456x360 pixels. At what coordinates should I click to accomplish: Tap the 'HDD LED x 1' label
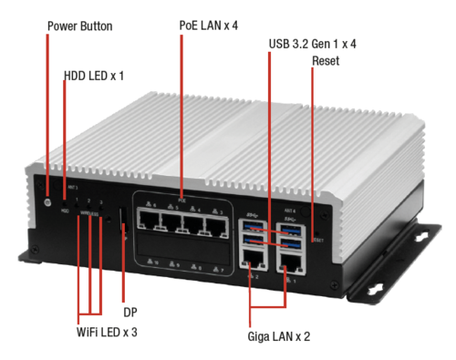(x=94, y=76)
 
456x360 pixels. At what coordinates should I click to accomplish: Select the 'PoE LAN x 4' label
(x=209, y=26)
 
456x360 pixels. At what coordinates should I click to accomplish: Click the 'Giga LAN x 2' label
(x=278, y=335)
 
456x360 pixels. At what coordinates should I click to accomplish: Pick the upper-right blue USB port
(x=291, y=227)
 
